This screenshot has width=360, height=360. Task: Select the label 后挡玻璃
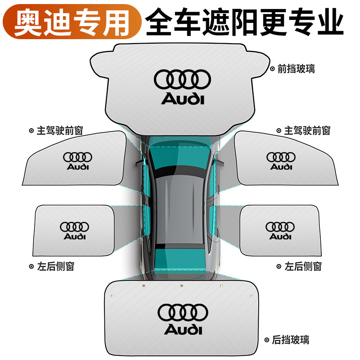[293, 339]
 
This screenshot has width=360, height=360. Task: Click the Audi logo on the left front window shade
[77, 161]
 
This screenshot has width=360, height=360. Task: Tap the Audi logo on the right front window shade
[281, 161]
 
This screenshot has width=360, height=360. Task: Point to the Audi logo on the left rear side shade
[74, 230]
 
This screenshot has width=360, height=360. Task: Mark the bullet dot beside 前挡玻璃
[272, 69]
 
